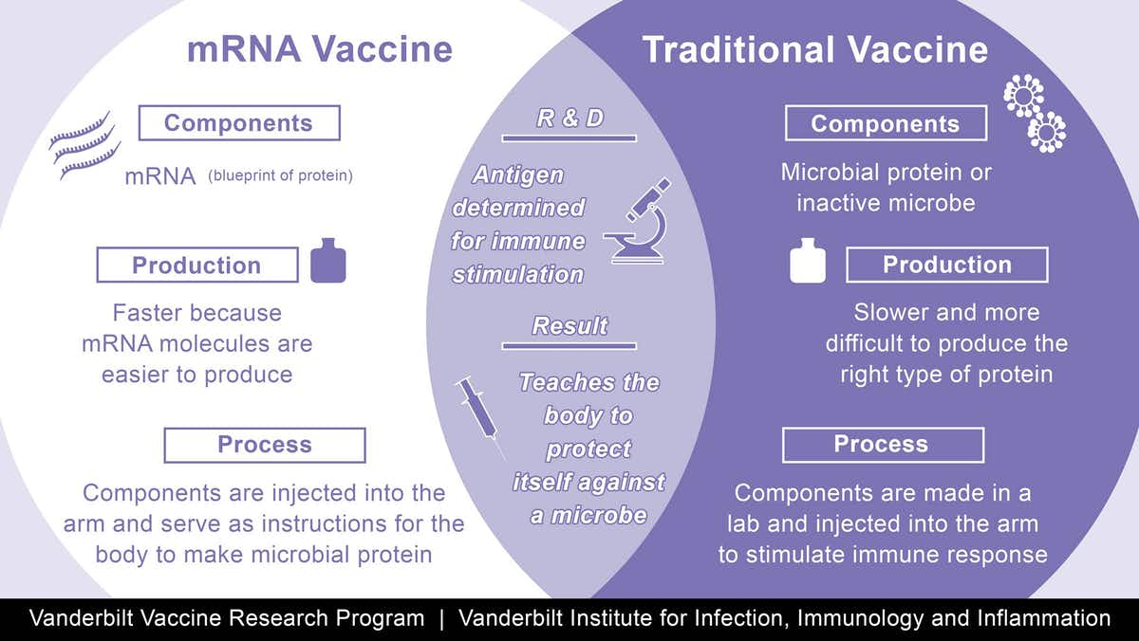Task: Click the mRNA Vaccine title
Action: (319, 49)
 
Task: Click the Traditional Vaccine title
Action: (815, 49)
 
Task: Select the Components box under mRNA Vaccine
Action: (238, 123)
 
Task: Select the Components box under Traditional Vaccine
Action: (886, 124)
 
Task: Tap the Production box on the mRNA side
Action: (196, 266)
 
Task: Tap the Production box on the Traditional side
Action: (946, 265)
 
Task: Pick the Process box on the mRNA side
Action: (264, 445)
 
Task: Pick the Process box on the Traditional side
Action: (882, 445)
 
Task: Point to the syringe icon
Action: (479, 413)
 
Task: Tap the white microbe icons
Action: (1035, 114)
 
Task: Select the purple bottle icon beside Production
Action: (328, 265)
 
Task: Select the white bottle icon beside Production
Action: (808, 265)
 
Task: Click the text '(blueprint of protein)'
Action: (280, 175)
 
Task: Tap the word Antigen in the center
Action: (519, 174)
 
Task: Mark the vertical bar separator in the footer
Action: (441, 619)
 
